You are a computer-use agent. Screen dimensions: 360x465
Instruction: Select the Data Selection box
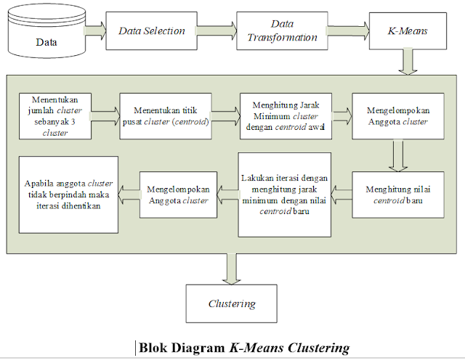(x=152, y=31)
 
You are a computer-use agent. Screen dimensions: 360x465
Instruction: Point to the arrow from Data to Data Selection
(x=94, y=31)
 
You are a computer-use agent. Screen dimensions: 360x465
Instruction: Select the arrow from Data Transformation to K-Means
(x=346, y=31)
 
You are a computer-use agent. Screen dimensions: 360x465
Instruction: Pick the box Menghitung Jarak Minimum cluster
(x=286, y=113)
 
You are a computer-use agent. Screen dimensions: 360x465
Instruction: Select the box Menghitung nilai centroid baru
(x=396, y=195)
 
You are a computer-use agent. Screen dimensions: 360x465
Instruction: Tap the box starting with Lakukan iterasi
(x=285, y=195)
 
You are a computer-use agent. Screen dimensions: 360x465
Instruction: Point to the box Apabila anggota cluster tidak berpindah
(x=68, y=195)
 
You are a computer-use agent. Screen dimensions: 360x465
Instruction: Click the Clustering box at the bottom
(x=232, y=303)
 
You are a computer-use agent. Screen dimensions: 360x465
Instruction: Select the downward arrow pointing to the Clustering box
(x=232, y=269)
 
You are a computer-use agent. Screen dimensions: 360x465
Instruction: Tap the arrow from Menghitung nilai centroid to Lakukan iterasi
(x=342, y=194)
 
